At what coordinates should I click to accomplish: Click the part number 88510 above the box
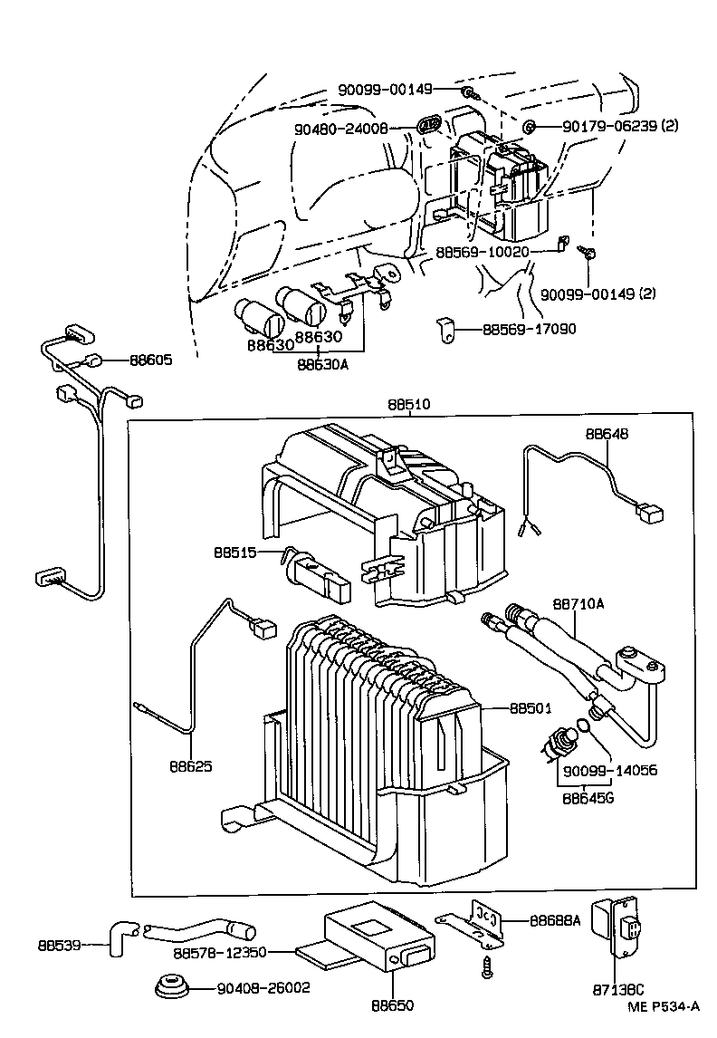point(410,405)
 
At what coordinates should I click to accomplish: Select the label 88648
point(607,434)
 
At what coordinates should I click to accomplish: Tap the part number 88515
point(235,553)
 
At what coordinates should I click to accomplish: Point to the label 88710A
point(578,603)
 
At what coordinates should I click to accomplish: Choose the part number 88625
point(190,765)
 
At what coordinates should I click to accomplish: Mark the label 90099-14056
point(609,770)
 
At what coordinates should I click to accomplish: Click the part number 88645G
point(588,799)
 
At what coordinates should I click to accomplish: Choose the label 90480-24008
point(341,130)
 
